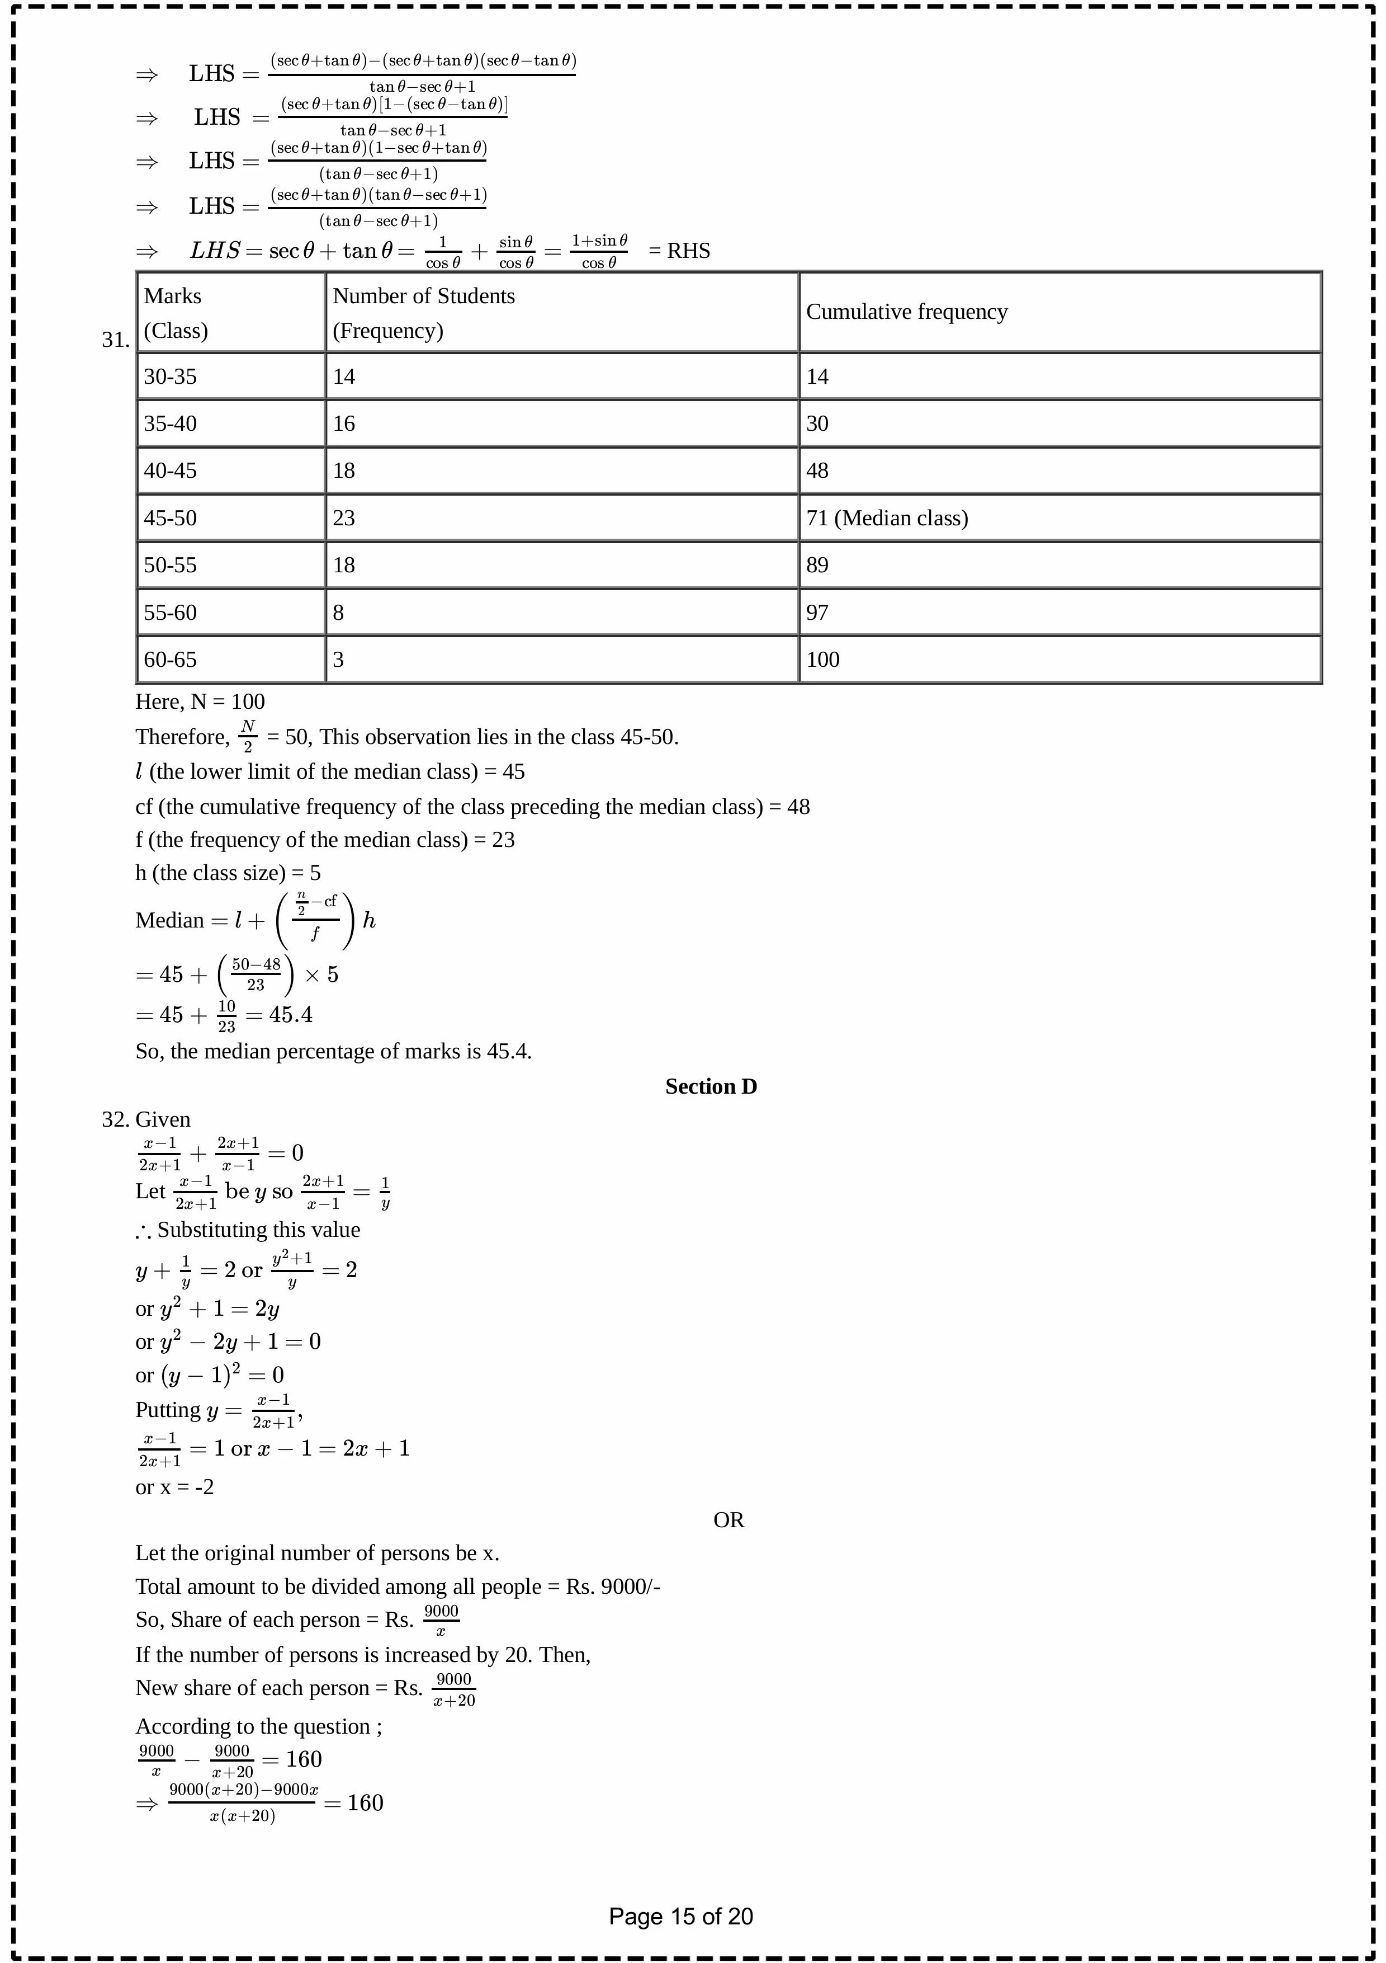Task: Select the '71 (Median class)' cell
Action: pyautogui.click(x=886, y=518)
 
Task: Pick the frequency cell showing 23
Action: pyautogui.click(x=343, y=518)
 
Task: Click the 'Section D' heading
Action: pyautogui.click(x=711, y=1086)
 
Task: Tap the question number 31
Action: pyautogui.click(x=115, y=340)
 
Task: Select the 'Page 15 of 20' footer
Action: pyautogui.click(x=680, y=1917)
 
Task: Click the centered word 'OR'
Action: pyautogui.click(x=728, y=1520)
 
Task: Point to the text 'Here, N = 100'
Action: pyautogui.click(x=200, y=702)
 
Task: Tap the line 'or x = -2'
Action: pyautogui.click(x=174, y=1487)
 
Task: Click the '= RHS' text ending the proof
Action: pyautogui.click(x=679, y=251)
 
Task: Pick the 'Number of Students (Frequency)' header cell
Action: pyautogui.click(x=423, y=313)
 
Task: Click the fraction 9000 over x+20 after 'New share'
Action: pyautogui.click(x=454, y=1689)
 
